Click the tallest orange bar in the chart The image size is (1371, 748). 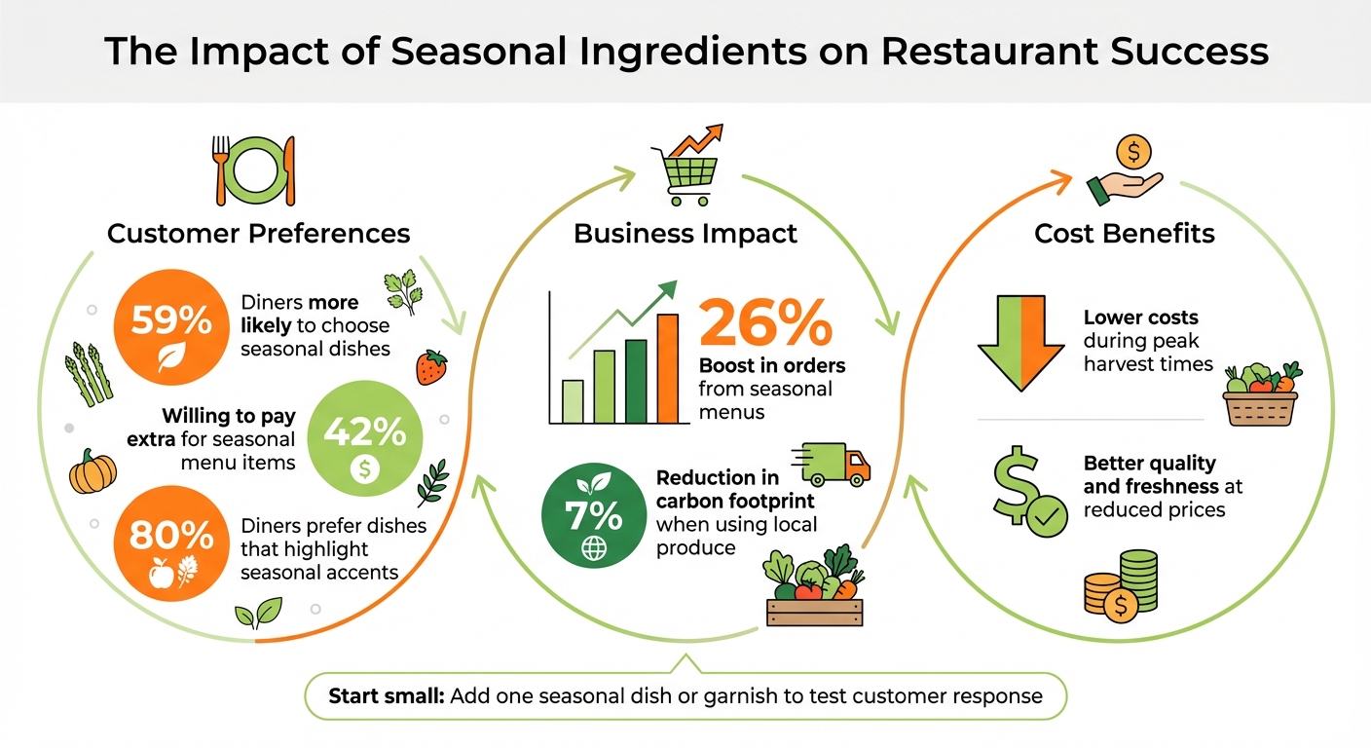[x=667, y=368]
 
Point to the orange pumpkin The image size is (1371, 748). [x=93, y=474]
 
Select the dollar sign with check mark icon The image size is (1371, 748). [x=1028, y=495]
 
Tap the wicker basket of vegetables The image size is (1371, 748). [x=1260, y=396]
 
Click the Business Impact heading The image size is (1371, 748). [x=685, y=234]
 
